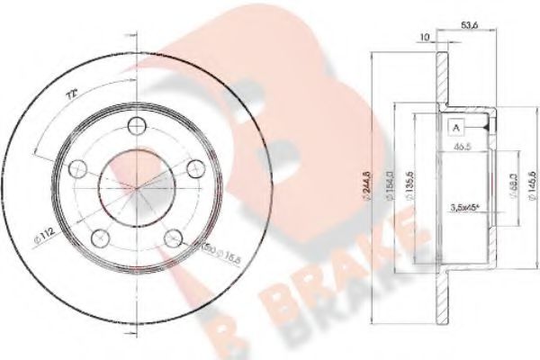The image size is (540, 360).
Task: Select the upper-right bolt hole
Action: click(x=193, y=167)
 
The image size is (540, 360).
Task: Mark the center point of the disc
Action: click(x=136, y=187)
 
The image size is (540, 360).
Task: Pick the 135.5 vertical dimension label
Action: click(x=411, y=184)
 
